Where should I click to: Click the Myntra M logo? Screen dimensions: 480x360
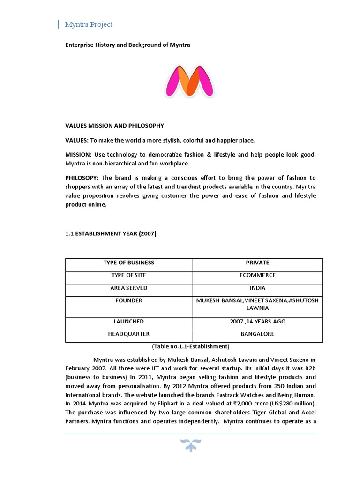(x=190, y=82)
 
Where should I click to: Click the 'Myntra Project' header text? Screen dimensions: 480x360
(x=89, y=24)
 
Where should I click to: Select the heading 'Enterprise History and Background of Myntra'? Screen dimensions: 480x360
(x=127, y=45)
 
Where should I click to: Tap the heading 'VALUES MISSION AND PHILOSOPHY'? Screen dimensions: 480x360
(x=114, y=126)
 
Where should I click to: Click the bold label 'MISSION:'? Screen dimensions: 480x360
(x=78, y=155)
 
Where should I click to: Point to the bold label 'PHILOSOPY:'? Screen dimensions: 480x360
(x=82, y=178)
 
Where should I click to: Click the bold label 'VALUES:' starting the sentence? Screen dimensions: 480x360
(x=76, y=140)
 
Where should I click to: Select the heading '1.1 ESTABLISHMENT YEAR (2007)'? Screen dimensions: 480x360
(x=110, y=234)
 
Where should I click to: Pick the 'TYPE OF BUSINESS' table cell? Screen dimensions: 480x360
(x=129, y=262)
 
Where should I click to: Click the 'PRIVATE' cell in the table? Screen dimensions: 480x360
(x=257, y=262)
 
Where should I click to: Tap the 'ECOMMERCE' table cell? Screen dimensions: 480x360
(x=257, y=275)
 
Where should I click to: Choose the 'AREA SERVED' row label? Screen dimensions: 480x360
(x=129, y=288)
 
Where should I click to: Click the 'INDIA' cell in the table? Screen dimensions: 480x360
(x=257, y=288)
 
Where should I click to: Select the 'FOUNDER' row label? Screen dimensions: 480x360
(x=129, y=300)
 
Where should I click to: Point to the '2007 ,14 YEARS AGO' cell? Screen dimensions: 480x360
(x=257, y=322)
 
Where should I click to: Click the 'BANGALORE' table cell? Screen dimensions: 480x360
(x=257, y=334)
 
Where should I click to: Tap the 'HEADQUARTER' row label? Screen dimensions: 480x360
(x=129, y=334)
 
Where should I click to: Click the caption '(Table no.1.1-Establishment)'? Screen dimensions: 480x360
(x=190, y=346)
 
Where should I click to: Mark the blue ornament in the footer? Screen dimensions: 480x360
(x=190, y=445)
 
